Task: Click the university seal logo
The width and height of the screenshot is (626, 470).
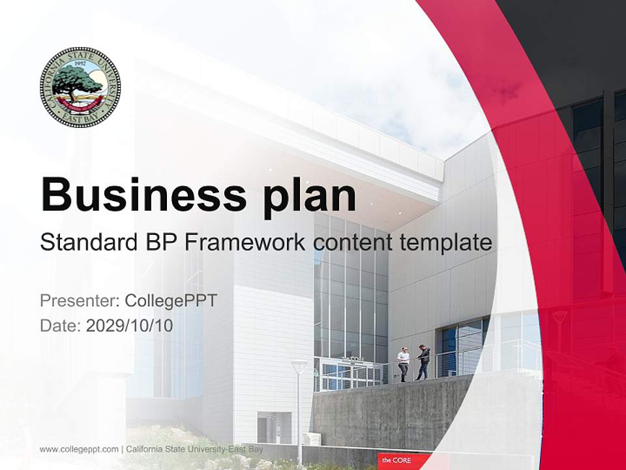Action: pos(80,87)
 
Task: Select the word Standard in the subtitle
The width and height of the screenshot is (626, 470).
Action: pos(87,243)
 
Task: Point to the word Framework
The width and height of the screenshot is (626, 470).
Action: pos(245,243)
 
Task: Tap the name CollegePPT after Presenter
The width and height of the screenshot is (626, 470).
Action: pos(171,301)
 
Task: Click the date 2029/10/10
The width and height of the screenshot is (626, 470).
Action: pos(130,325)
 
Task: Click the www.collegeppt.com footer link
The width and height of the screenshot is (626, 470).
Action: pos(79,449)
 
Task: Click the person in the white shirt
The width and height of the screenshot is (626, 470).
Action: pos(404,363)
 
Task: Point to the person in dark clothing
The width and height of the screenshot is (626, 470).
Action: pos(423,362)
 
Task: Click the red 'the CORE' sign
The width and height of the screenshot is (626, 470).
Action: pos(404,461)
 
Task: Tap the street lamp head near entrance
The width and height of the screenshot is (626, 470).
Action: pos(299,366)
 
